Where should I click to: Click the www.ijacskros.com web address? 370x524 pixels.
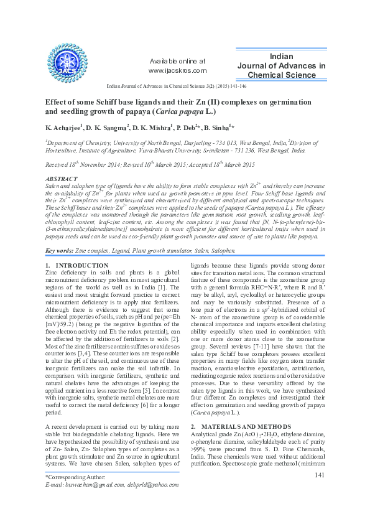point(177,72)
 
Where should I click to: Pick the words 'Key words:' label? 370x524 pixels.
point(58,251)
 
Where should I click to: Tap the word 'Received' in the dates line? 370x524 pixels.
point(58,165)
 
